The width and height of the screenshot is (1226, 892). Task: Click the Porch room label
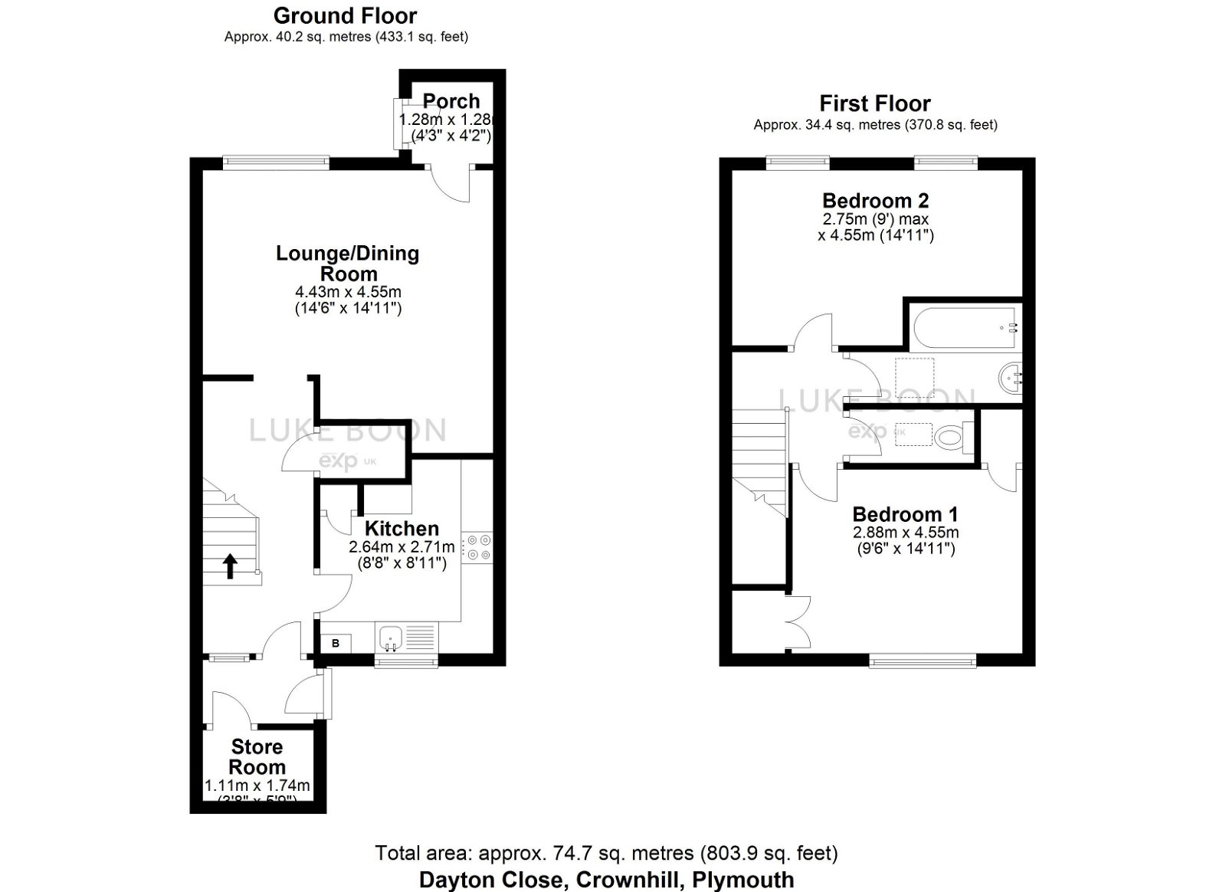point(451,101)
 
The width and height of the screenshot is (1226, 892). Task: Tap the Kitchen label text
point(402,529)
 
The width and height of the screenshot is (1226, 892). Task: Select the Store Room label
point(257,757)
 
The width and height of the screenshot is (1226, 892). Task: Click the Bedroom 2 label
point(875,201)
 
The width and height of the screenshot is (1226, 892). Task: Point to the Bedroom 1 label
point(905,514)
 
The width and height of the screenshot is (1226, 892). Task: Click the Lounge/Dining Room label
point(348,264)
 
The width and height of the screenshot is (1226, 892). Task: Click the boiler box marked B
point(336,644)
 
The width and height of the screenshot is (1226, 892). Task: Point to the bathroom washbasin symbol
point(1011,378)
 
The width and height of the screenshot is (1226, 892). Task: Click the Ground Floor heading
point(345,15)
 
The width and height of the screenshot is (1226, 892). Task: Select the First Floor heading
point(875,103)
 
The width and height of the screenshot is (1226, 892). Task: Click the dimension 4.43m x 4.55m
point(348,292)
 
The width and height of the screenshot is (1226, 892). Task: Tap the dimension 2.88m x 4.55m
point(905,533)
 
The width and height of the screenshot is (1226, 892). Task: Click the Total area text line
point(605,853)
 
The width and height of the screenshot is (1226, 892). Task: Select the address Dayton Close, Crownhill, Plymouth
point(605,880)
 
